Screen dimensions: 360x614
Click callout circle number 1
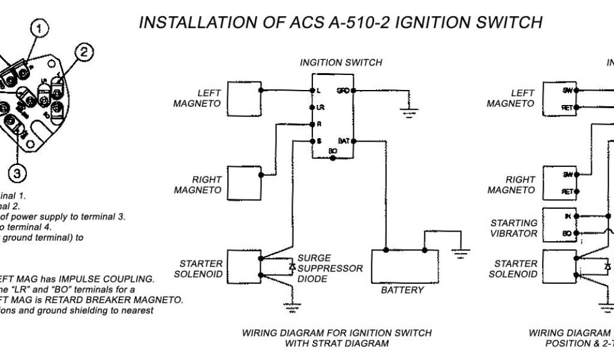(x=40, y=28)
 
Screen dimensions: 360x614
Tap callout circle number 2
(x=83, y=53)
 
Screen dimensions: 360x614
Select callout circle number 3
(x=17, y=173)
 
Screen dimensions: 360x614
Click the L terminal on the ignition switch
(x=312, y=91)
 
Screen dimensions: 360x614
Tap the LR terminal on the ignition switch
(x=312, y=107)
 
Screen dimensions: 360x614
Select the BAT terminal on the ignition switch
(x=354, y=141)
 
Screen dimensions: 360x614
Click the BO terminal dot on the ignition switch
(x=333, y=158)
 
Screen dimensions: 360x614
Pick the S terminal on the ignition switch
(x=312, y=141)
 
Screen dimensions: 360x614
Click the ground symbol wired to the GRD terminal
(x=410, y=111)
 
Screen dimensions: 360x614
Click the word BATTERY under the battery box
(x=402, y=290)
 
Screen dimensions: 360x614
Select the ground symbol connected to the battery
(x=460, y=253)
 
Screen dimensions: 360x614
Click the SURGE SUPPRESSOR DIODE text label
(x=330, y=268)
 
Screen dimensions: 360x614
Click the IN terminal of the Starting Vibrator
(x=576, y=215)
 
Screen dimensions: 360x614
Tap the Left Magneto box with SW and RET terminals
(x=559, y=98)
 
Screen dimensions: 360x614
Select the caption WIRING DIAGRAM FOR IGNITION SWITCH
(x=336, y=333)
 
